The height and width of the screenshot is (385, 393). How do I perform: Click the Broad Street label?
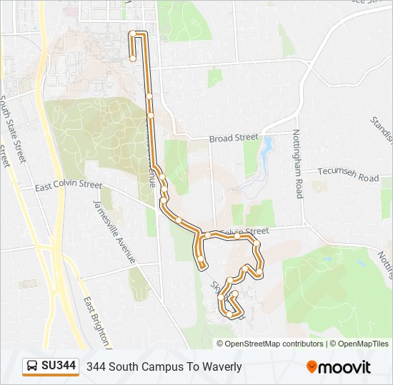point(232,138)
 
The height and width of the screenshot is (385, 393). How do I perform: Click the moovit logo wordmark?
point(345,367)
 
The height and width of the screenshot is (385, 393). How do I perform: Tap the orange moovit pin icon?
point(312,367)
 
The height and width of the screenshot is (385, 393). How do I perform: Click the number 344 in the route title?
point(96,367)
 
